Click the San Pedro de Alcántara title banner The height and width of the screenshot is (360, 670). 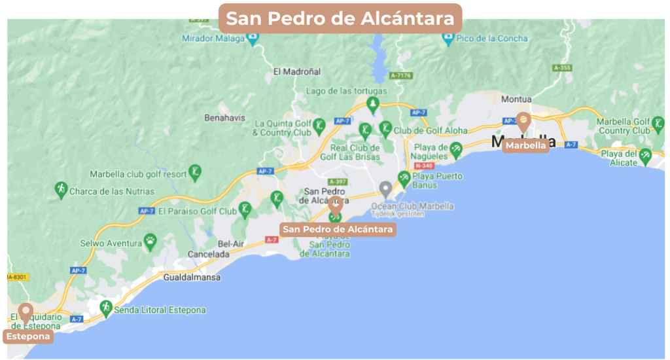pyautogui.click(x=340, y=18)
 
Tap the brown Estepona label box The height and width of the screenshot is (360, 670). pyautogui.click(x=27, y=336)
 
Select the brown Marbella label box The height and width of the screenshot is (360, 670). pyautogui.click(x=525, y=146)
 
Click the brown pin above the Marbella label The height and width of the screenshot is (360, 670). pyautogui.click(x=523, y=120)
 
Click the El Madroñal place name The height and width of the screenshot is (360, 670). pyautogui.click(x=297, y=71)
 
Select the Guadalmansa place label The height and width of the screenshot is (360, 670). pyautogui.click(x=192, y=277)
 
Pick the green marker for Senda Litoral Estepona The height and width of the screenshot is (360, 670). pyautogui.click(x=105, y=308)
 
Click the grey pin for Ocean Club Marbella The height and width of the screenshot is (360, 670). pyautogui.click(x=386, y=189)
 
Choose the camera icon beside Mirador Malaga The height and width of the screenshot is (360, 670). pyautogui.click(x=253, y=38)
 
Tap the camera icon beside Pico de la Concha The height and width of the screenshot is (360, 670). pyautogui.click(x=448, y=38)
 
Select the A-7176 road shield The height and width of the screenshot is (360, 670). pyautogui.click(x=400, y=75)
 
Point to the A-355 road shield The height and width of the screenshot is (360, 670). pyautogui.click(x=561, y=67)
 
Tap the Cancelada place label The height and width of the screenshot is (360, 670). pyautogui.click(x=208, y=254)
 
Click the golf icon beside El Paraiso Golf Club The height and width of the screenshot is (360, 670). pyautogui.click(x=245, y=209)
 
